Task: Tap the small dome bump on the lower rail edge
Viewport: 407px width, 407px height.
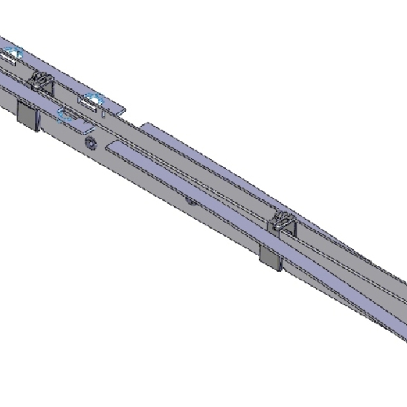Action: click(190, 201)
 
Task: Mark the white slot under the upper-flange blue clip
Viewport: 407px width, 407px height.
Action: click(90, 103)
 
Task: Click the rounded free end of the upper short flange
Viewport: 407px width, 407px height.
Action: click(124, 108)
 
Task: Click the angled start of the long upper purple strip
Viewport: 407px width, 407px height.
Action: click(145, 126)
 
